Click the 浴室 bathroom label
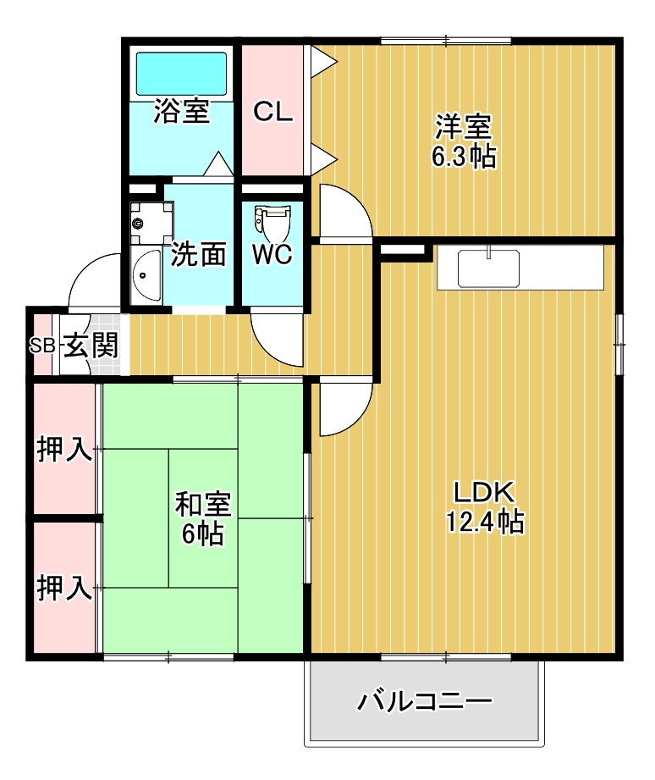[x=181, y=113]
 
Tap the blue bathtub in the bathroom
[x=181, y=74]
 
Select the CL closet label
[x=273, y=113]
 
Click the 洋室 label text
[x=463, y=128]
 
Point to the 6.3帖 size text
[x=463, y=157]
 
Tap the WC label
[x=272, y=254]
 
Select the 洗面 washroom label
[x=199, y=254]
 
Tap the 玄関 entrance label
[x=90, y=346]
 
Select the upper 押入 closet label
[x=64, y=450]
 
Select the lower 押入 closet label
[x=64, y=588]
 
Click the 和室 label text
[x=202, y=505]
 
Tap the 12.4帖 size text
[x=484, y=522]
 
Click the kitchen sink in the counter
[x=488, y=268]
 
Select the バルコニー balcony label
[x=424, y=702]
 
